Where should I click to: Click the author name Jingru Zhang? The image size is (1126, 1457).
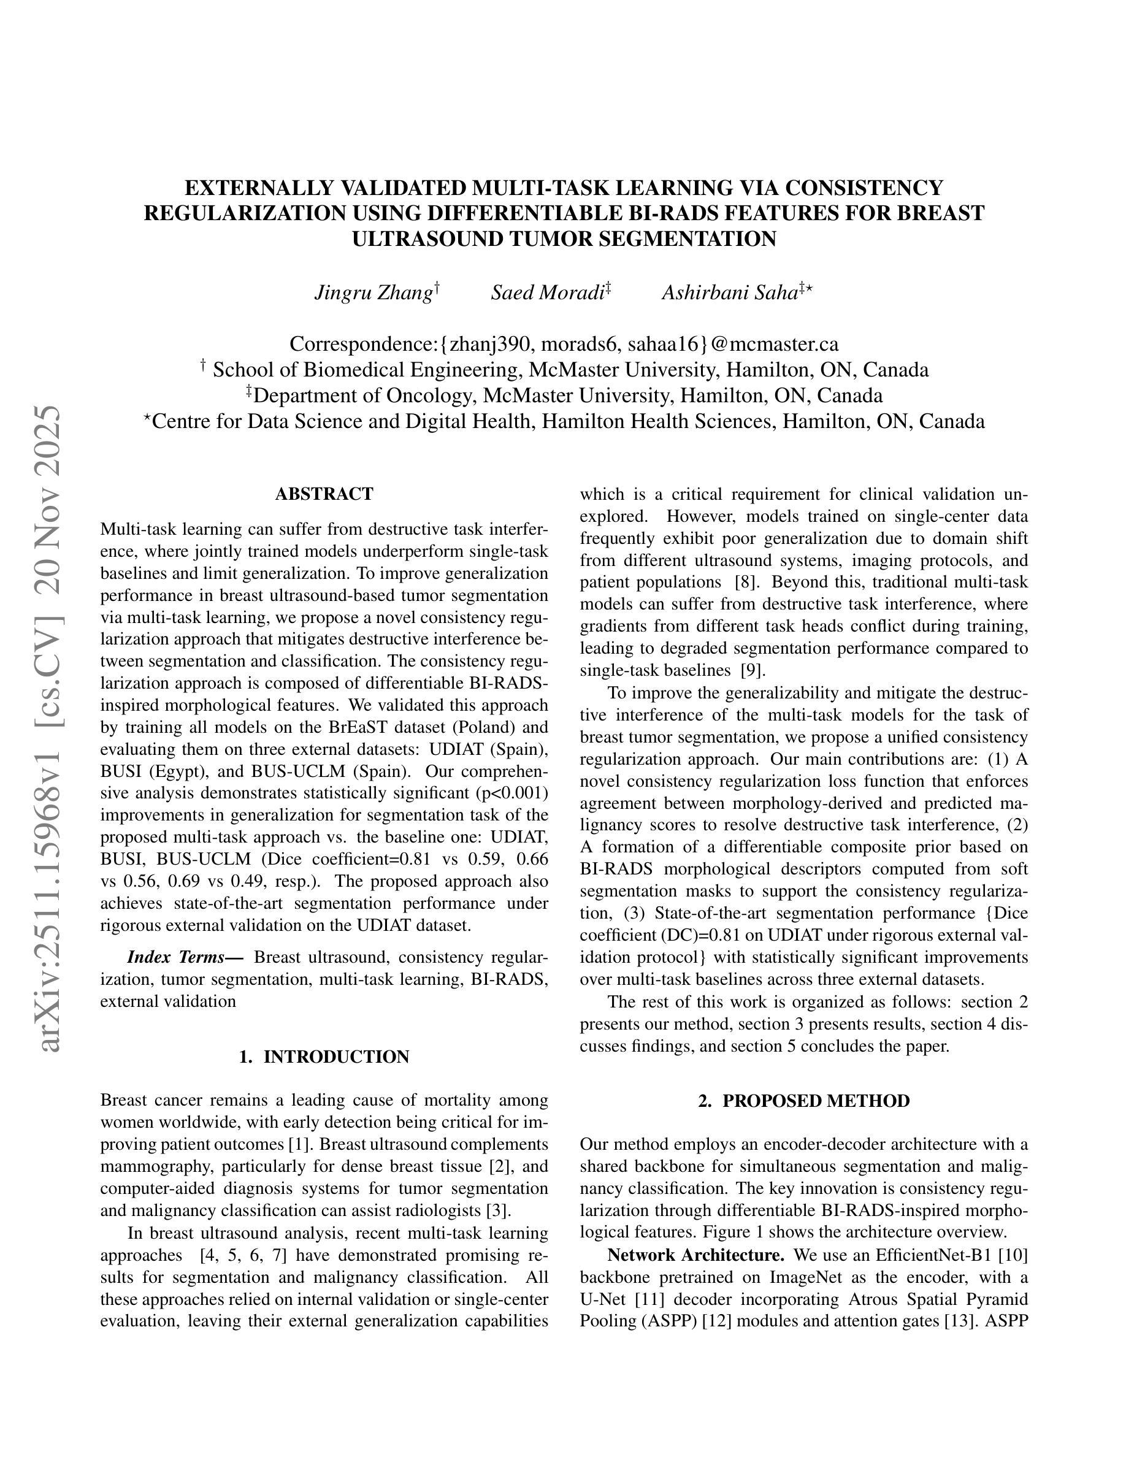click(x=373, y=293)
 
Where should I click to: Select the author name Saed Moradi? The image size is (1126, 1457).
click(x=547, y=293)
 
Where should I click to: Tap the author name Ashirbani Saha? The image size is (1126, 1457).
click(x=730, y=293)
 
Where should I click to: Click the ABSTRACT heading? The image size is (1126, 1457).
click(x=324, y=494)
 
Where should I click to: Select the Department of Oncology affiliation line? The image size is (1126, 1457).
click(x=564, y=396)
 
